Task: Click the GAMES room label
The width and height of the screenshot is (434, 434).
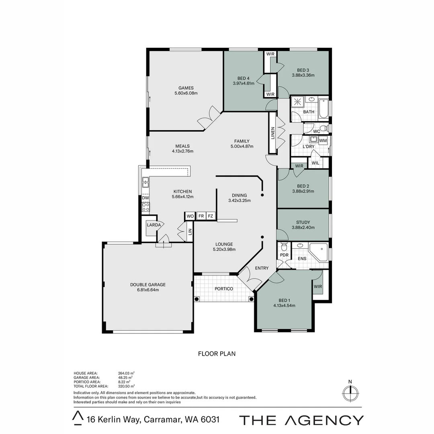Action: click(186, 88)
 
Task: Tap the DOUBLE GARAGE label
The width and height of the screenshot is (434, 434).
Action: click(148, 285)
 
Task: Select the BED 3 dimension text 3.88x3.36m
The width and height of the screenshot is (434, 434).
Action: click(303, 75)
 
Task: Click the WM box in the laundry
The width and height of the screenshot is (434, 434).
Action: click(323, 141)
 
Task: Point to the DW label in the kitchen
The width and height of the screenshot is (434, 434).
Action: click(145, 198)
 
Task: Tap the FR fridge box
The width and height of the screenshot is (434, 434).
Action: click(201, 216)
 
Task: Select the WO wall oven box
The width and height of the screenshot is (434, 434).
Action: click(190, 216)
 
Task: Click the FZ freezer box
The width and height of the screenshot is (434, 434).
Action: click(211, 216)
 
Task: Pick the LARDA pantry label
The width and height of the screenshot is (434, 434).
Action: click(154, 225)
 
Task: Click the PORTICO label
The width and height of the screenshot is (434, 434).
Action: click(224, 289)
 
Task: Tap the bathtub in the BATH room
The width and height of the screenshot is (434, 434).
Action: click(323, 109)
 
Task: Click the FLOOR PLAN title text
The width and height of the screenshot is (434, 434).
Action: click(217, 354)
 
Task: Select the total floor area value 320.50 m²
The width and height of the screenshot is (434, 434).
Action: click(127, 386)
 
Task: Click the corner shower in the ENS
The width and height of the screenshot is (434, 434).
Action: click(318, 252)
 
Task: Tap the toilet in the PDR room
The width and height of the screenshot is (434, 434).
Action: click(284, 246)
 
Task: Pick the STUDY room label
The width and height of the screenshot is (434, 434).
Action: click(303, 222)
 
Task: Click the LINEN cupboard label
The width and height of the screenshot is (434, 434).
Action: click(272, 133)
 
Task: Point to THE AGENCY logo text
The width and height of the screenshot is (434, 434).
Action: click(301, 420)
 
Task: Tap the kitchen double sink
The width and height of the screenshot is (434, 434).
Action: click(145, 182)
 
